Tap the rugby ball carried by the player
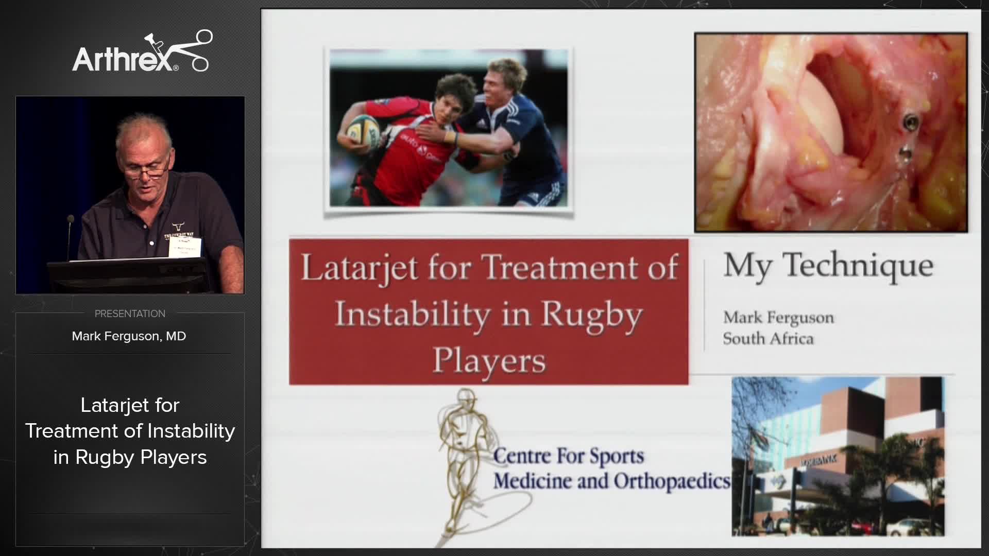363,130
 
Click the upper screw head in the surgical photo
910,122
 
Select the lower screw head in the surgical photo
905,152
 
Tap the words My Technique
828,266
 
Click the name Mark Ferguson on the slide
778,318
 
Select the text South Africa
768,339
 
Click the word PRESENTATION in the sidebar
130,314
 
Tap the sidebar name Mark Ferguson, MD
129,336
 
